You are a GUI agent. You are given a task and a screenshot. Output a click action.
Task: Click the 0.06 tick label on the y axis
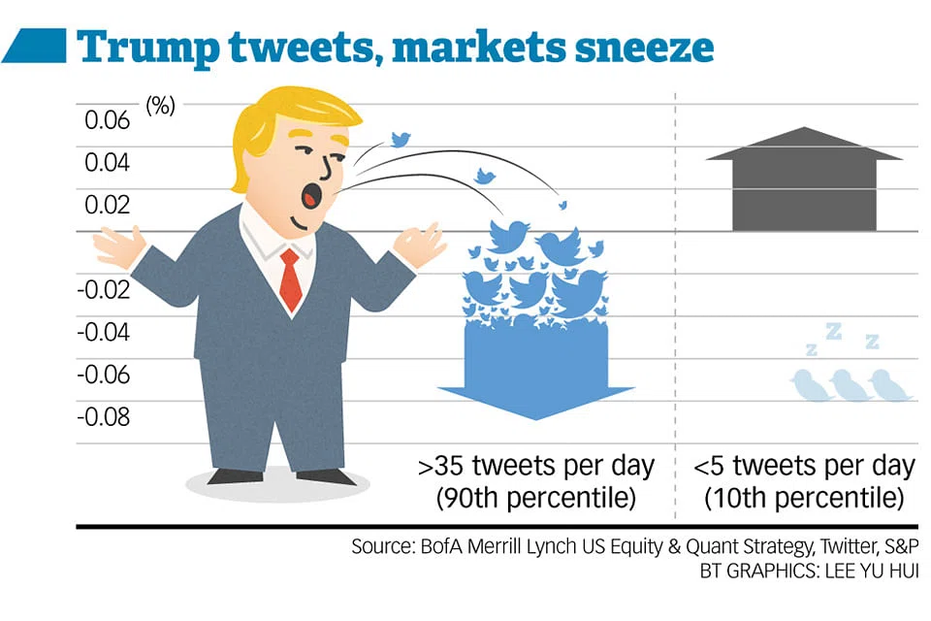(x=107, y=120)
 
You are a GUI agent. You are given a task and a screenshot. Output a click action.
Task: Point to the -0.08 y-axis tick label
(x=103, y=417)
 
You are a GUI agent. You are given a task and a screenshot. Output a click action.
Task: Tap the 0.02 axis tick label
(x=107, y=205)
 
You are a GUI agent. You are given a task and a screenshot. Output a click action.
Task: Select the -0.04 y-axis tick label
(x=103, y=332)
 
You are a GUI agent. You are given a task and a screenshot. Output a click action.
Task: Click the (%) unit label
(x=160, y=106)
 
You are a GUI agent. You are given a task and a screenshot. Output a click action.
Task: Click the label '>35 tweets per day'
(x=536, y=466)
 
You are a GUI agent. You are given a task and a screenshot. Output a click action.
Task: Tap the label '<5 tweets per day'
(x=805, y=466)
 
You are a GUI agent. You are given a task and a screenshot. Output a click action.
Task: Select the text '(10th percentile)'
(x=805, y=499)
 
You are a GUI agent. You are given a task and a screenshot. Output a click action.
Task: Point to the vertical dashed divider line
(x=675, y=291)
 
